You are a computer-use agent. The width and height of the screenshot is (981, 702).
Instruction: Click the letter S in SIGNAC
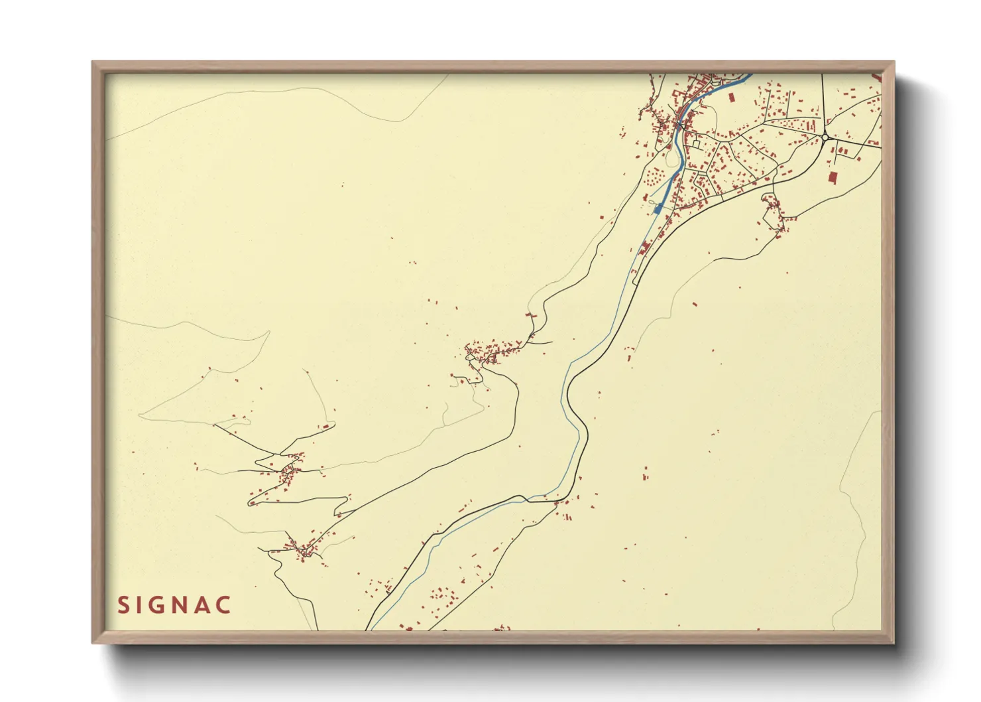(x=123, y=605)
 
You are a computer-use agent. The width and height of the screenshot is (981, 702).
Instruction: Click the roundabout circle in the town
(x=825, y=137)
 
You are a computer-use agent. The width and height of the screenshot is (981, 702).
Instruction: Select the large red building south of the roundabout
(x=832, y=177)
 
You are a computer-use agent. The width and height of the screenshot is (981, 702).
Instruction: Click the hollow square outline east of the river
(x=696, y=143)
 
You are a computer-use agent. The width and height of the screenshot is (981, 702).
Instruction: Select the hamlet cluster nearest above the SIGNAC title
(x=302, y=549)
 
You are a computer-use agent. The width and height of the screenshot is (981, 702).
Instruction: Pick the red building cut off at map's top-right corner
(x=878, y=77)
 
